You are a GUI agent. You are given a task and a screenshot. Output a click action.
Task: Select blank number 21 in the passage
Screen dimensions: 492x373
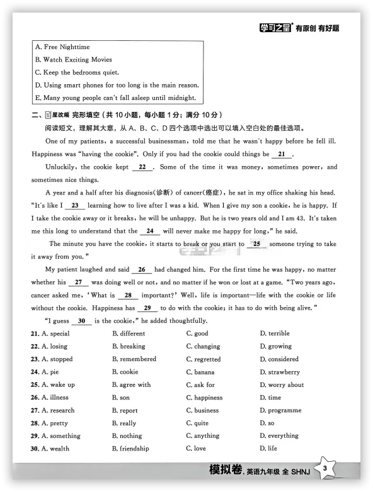coord(281,154)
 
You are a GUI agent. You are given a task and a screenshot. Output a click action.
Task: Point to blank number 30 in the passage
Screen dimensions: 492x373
coord(81,321)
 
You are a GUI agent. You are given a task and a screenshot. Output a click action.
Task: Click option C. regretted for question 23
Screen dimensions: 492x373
coord(204,359)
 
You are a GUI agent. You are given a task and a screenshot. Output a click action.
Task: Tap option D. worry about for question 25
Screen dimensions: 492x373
coord(282,384)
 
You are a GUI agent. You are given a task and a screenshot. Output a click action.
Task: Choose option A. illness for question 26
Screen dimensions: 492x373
coord(55,398)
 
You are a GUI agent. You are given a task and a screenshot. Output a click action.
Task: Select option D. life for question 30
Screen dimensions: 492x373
coord(268,449)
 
